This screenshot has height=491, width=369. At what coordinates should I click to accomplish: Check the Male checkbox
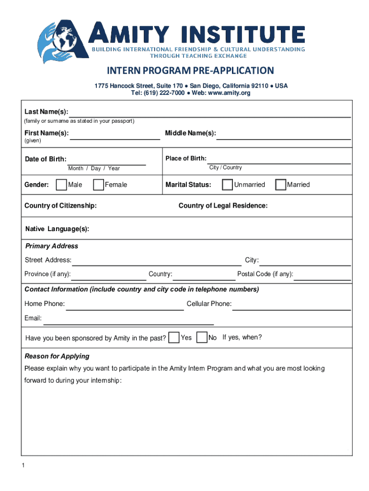[x=61, y=185]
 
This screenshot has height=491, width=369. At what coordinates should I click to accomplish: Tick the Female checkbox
[x=98, y=185]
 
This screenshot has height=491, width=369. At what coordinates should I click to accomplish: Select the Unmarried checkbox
[x=227, y=185]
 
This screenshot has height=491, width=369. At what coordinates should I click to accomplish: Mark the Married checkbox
[x=280, y=185]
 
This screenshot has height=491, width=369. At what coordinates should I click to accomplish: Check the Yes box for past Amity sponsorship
[x=174, y=338]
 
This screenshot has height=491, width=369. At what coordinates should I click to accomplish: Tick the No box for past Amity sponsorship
[x=202, y=338]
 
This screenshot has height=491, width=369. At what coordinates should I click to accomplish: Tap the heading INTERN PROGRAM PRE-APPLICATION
[x=190, y=71]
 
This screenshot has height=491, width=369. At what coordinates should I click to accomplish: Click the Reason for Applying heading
[x=57, y=356]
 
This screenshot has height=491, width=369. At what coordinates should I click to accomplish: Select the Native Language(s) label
[x=57, y=229]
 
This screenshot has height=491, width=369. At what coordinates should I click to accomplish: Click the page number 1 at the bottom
[x=23, y=466]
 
